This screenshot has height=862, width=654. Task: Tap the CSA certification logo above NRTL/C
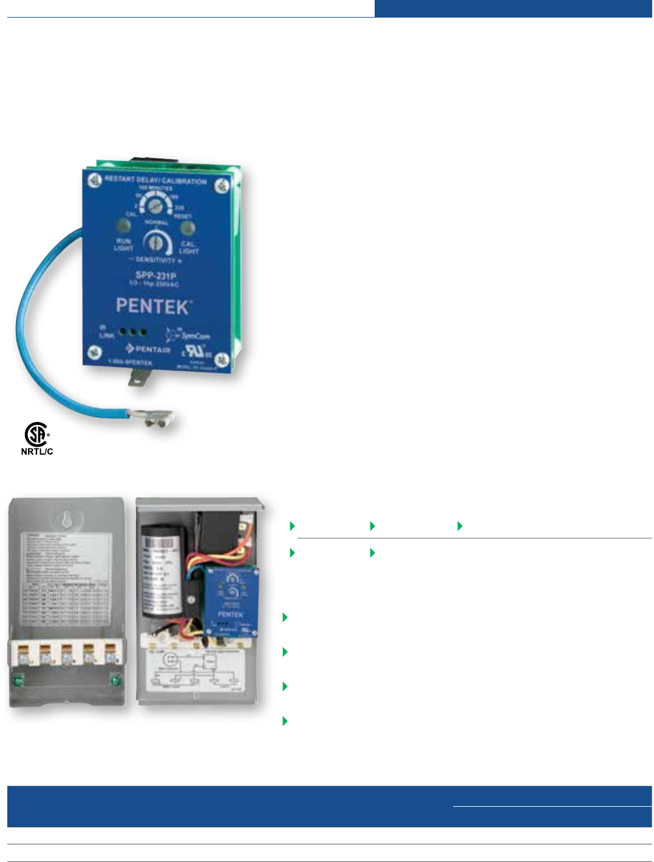[36, 435]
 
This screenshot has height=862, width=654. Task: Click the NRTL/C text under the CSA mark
[37, 452]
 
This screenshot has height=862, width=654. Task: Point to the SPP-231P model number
[155, 276]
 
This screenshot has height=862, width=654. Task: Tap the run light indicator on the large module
[123, 226]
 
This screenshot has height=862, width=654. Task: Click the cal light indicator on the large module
[188, 228]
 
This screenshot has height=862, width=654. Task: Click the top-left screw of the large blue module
[95, 180]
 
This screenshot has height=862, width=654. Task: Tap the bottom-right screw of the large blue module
[222, 361]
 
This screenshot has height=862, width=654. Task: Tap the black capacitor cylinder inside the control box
[162, 567]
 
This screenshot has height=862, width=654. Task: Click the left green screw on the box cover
[19, 681]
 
